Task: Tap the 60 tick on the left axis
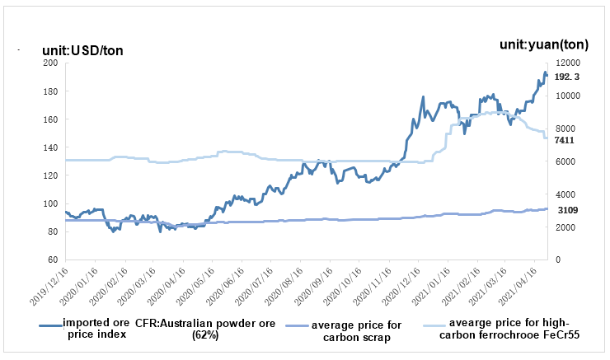[x=52, y=260]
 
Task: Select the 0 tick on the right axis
[x=557, y=260]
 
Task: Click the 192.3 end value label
[x=567, y=77]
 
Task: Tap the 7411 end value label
[x=565, y=141]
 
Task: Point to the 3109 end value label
[x=568, y=211]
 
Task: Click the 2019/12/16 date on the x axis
[x=53, y=285]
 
